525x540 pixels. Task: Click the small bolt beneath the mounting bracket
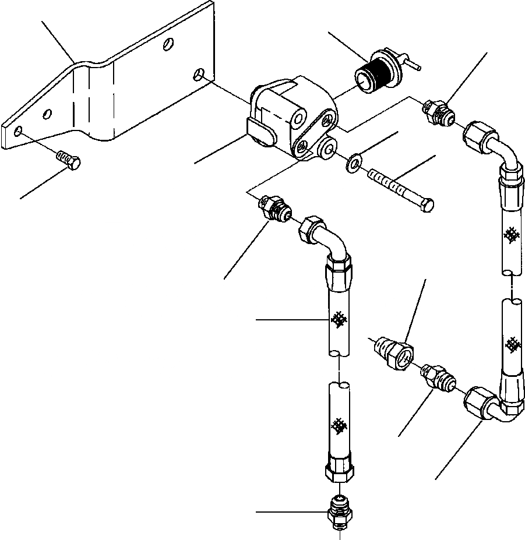69,159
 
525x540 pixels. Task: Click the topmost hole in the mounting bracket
168,44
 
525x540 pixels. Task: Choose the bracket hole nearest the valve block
200,74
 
